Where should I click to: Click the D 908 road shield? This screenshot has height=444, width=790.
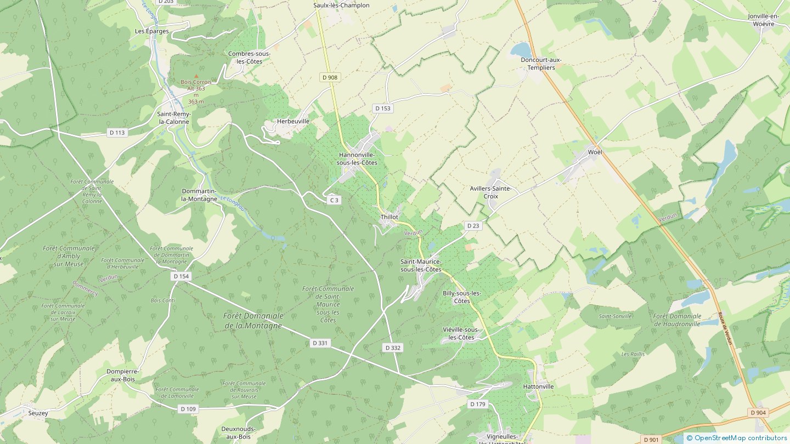[330, 77]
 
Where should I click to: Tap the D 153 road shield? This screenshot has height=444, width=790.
[383, 109]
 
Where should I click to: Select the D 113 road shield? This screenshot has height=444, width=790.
[117, 133]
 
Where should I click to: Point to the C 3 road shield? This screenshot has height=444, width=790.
[334, 201]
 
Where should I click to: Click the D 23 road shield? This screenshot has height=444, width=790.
[472, 226]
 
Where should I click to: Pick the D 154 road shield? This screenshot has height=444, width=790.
[181, 276]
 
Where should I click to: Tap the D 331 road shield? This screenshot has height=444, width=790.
[320, 343]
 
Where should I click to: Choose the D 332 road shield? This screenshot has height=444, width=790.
[393, 348]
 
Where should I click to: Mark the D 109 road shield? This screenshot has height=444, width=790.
[188, 409]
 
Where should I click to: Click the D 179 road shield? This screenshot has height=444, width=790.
[478, 404]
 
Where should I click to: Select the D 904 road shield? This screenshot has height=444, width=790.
[758, 413]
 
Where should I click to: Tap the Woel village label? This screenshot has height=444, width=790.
[595, 152]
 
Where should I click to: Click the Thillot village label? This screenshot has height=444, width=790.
[389, 217]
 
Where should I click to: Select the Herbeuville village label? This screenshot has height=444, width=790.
[293, 121]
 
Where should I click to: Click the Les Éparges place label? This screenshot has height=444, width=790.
[152, 31]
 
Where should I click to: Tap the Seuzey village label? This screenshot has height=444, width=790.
[38, 413]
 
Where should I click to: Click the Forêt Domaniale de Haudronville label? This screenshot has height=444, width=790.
[677, 320]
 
